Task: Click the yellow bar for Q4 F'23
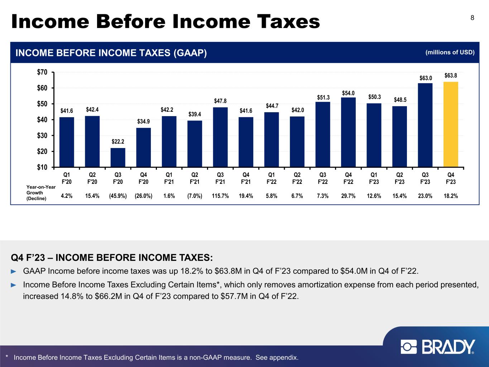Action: pos(451,124)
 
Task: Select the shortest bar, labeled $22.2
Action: pos(118,157)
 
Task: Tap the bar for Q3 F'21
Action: pos(220,137)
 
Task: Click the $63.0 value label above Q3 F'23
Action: pos(426,78)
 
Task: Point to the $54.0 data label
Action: pos(348,93)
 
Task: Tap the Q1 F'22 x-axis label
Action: pos(272,178)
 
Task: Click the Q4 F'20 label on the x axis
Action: pos(143,178)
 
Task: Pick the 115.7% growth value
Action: pos(220,196)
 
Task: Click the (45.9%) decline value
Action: pos(118,196)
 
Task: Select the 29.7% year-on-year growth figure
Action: pos(348,196)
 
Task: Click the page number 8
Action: pos(473,18)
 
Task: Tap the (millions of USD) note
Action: pos(450,53)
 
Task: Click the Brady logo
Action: pos(438,347)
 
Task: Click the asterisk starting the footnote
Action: pos(7,357)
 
